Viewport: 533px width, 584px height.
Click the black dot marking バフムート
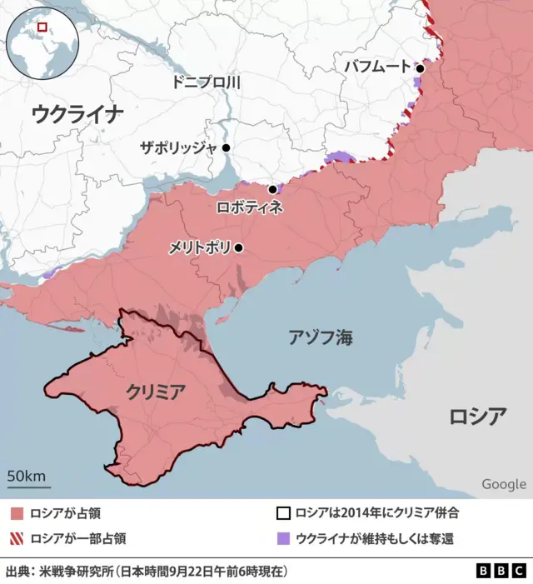[421, 68]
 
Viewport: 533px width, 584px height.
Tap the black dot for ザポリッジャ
[226, 147]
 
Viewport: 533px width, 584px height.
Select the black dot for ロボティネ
[272, 189]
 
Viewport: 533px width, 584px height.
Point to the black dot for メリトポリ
[239, 247]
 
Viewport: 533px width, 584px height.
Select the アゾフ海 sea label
[320, 337]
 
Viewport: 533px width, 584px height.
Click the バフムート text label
[377, 66]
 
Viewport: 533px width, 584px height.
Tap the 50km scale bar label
[27, 476]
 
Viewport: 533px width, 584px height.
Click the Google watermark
[503, 484]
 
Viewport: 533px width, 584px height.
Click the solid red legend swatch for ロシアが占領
[17, 514]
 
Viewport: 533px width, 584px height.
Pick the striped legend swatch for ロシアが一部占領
[17, 538]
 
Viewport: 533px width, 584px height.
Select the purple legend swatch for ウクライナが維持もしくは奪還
[283, 538]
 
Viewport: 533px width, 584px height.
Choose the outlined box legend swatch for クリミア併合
[283, 514]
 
